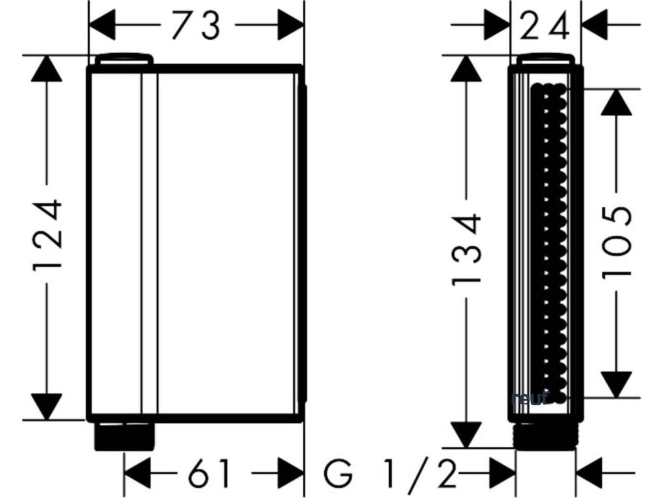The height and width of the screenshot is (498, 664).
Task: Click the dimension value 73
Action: pos(196,26)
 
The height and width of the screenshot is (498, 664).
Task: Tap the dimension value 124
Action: pos(49,237)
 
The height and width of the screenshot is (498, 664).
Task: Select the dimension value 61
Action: pos(209,473)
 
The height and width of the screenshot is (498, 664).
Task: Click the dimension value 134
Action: pos(466,250)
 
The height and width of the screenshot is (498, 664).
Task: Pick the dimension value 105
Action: pos(617,243)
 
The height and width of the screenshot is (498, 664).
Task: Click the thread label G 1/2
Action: pos(389,474)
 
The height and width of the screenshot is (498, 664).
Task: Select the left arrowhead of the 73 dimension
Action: pos(102,26)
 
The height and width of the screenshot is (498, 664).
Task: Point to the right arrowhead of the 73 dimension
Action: pos(290,26)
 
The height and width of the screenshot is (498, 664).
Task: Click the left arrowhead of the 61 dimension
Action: pos(137,474)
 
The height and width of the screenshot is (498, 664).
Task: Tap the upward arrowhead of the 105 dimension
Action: pos(616,102)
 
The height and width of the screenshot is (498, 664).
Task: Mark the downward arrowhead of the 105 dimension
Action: pos(616,384)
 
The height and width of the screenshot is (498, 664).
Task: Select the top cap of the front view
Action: pos(124,60)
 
